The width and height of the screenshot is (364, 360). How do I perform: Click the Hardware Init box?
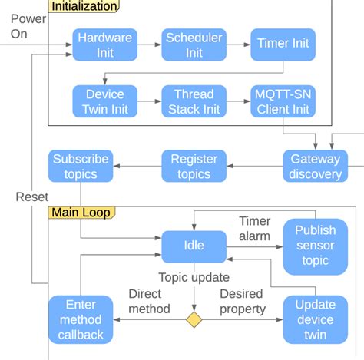coord(105,44)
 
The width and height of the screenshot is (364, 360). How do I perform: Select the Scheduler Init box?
coord(194,44)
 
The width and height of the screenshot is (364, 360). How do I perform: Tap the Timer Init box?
coord(283,44)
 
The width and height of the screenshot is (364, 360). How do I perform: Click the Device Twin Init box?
coord(105,101)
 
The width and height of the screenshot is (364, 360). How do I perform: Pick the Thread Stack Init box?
coord(194,101)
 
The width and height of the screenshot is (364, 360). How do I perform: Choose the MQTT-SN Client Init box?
coord(283,101)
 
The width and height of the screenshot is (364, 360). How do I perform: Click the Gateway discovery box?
coord(316,167)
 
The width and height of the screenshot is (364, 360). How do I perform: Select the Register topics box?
coord(194,167)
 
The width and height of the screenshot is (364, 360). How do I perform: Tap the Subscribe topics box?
coord(81,167)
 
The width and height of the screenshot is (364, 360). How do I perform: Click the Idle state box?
coord(194,246)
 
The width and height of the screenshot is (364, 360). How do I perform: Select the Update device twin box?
coord(315,319)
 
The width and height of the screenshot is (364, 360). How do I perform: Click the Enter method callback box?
coord(81,319)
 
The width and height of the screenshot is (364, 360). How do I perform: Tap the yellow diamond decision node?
coord(194,319)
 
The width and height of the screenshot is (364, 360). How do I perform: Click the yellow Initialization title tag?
coord(84,6)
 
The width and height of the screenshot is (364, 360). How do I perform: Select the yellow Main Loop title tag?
coord(81,212)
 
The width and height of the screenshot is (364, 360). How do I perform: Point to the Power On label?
coord(28,26)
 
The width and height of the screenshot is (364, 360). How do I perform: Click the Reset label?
coord(31,197)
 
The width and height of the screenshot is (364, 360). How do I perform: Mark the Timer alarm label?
coord(254,229)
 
